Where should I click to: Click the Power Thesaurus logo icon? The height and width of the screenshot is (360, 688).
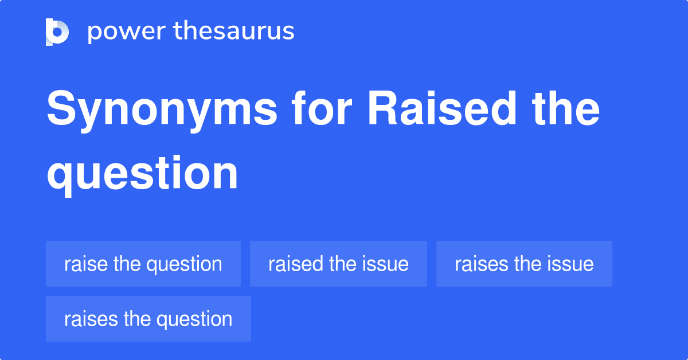[x=57, y=32]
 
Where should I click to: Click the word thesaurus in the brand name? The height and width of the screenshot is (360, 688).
[x=234, y=32]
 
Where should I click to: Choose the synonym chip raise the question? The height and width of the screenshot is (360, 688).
[x=143, y=264]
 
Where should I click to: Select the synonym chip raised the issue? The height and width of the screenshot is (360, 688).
[x=338, y=264]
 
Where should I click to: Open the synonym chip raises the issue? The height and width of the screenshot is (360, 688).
[x=524, y=264]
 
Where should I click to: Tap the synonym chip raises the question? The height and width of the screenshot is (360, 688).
[x=148, y=319]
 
